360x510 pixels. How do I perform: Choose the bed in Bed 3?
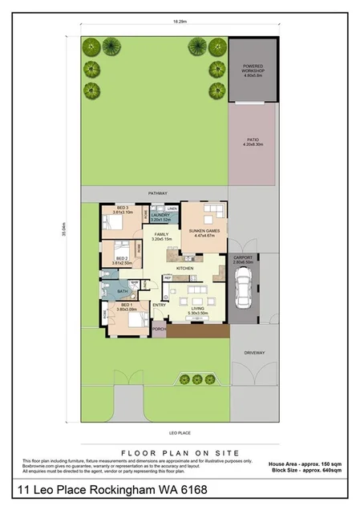tap(117, 223)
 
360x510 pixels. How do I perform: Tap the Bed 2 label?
tap(123, 258)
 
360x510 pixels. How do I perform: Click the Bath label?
tap(122, 291)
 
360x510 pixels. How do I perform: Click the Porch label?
tap(159, 329)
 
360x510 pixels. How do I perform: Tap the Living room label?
tap(197, 308)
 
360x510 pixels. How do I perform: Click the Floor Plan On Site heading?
tap(180, 451)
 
